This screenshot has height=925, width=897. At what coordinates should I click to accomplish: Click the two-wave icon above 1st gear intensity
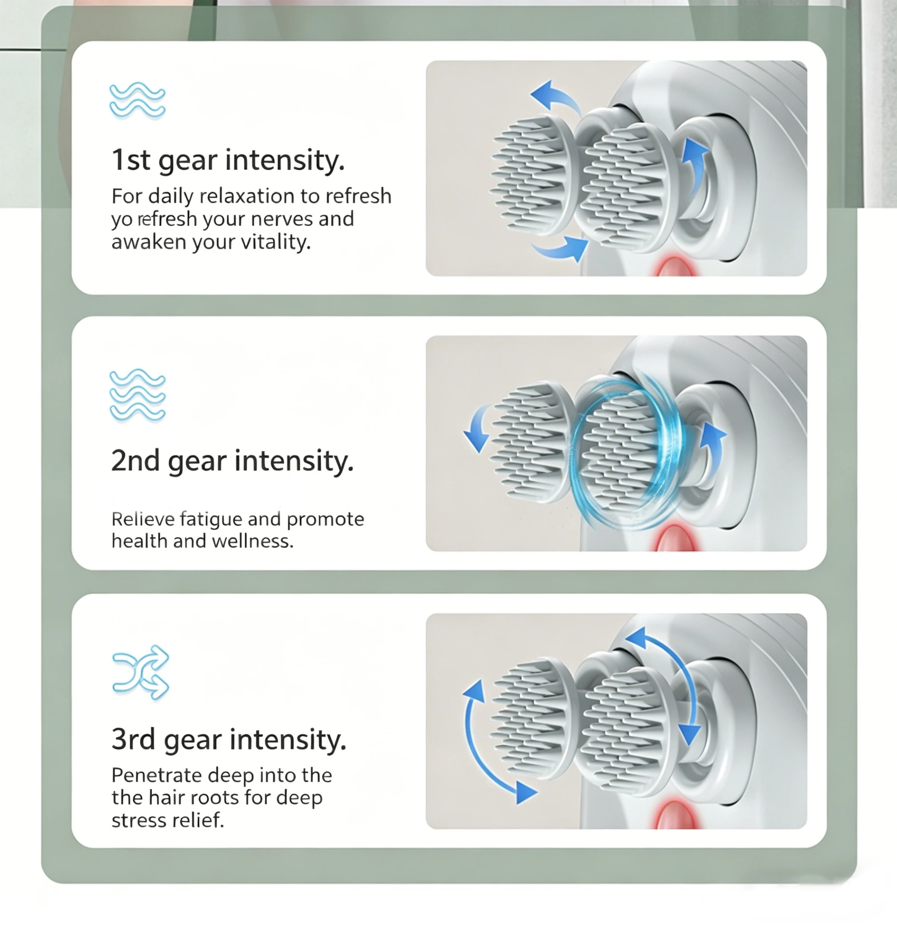pyautogui.click(x=137, y=101)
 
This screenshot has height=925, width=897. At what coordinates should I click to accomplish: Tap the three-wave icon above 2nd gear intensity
pyautogui.click(x=137, y=395)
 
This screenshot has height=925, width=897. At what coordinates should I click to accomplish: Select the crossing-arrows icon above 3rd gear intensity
pyautogui.click(x=141, y=672)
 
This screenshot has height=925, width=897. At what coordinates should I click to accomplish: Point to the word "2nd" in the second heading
pyautogui.click(x=135, y=461)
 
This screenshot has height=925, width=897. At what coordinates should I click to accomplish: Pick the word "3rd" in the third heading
pyautogui.click(x=133, y=739)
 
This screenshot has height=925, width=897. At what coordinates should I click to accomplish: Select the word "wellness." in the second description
pyautogui.click(x=253, y=541)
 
